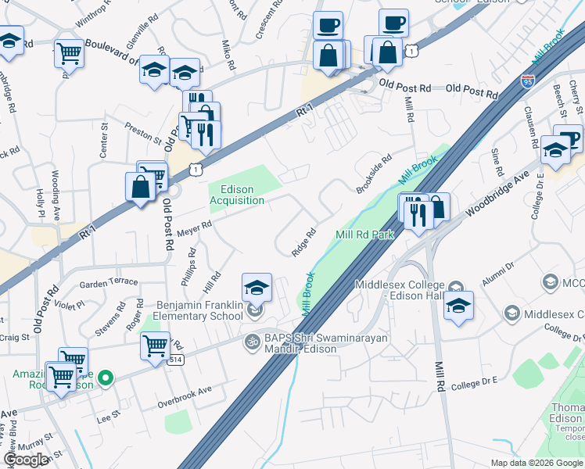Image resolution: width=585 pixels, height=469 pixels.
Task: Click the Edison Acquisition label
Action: tap(236, 195)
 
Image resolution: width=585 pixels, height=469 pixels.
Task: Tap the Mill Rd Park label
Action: tap(364, 234)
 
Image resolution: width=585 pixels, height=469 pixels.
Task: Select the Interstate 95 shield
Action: tap(528, 80)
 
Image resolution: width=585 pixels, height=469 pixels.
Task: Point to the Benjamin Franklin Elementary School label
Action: tap(199, 310)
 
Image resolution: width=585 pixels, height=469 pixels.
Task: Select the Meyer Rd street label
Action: tap(194, 227)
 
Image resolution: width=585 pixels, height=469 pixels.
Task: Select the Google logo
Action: tap(27, 460)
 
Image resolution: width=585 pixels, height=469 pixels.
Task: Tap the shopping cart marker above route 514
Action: tap(155, 345)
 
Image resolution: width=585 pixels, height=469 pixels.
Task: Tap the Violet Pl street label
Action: tap(70, 306)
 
